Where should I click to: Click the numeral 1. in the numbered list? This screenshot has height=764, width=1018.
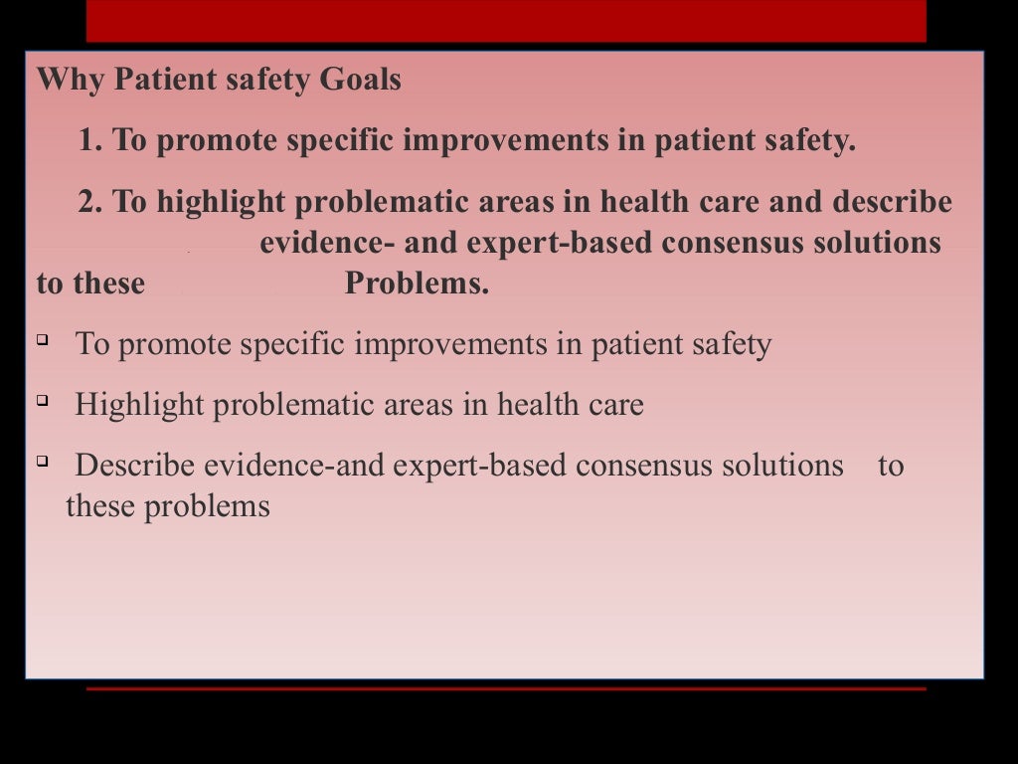click(91, 141)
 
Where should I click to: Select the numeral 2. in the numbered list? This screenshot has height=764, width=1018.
click(91, 202)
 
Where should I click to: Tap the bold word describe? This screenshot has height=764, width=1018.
click(892, 202)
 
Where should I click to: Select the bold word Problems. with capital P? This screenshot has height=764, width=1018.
click(417, 284)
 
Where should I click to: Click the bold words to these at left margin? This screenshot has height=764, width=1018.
click(90, 284)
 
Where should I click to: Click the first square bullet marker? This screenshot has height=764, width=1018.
click(43, 340)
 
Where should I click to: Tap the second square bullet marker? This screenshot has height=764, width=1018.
click(43, 401)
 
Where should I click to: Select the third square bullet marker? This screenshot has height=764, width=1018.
click(43, 461)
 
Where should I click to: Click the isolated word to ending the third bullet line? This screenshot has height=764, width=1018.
click(891, 466)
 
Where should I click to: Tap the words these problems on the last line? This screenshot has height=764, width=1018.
click(168, 506)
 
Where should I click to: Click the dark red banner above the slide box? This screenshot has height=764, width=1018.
click(506, 20)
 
